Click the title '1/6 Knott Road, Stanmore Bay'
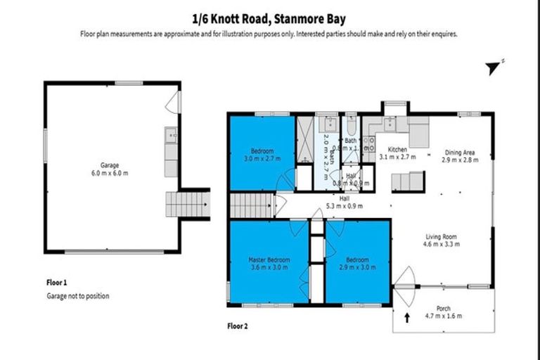click(x=269, y=20)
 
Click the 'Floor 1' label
click(x=57, y=283)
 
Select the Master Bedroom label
click(x=269, y=259)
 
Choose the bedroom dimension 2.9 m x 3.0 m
click(x=356, y=268)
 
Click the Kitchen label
click(x=398, y=150)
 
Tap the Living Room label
click(x=441, y=237)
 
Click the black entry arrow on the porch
click(x=407, y=319)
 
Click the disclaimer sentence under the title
click(x=269, y=33)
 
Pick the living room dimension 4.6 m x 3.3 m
click(x=441, y=245)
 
